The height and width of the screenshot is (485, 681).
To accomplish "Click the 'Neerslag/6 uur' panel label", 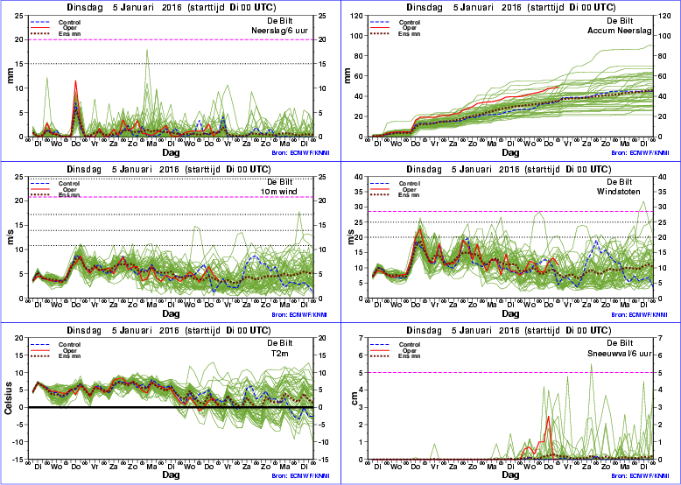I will [277, 29].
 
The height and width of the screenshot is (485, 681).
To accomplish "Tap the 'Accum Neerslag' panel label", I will [622, 29].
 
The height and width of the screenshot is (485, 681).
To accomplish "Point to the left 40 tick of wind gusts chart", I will [358, 177].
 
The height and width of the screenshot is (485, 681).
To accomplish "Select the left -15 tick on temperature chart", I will [18, 442].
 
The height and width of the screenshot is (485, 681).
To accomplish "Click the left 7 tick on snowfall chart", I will [360, 338].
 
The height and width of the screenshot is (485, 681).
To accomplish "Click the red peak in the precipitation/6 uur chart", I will [75, 81].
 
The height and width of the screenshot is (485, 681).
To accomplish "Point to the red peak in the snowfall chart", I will [548, 417].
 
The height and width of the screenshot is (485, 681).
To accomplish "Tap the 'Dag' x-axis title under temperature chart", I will [172, 475].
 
